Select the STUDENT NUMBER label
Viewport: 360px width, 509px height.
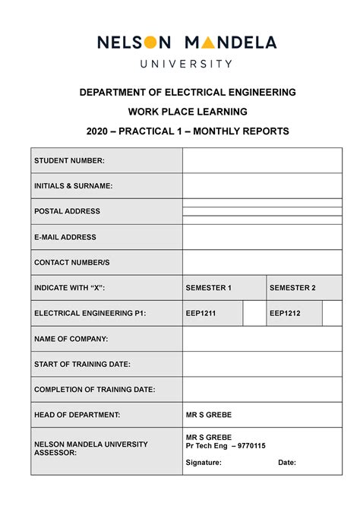(69, 160)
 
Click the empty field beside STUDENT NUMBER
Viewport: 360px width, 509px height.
(262, 160)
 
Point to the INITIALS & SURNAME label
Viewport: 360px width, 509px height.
(73, 186)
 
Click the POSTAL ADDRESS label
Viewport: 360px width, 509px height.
(67, 211)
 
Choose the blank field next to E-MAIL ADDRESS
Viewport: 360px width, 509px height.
(262, 237)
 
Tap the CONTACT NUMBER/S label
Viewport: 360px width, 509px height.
(72, 263)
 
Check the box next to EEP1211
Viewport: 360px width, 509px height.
(254, 313)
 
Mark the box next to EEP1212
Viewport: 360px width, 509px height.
(332, 313)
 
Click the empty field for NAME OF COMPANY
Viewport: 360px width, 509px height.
(262, 339)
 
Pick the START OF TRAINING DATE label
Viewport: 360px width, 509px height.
(82, 365)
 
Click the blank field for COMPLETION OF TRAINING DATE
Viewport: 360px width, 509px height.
(262, 390)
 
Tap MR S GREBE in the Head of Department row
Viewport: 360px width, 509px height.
(209, 415)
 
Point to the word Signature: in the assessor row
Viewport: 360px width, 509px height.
(204, 462)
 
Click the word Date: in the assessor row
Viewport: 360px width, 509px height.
(287, 462)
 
